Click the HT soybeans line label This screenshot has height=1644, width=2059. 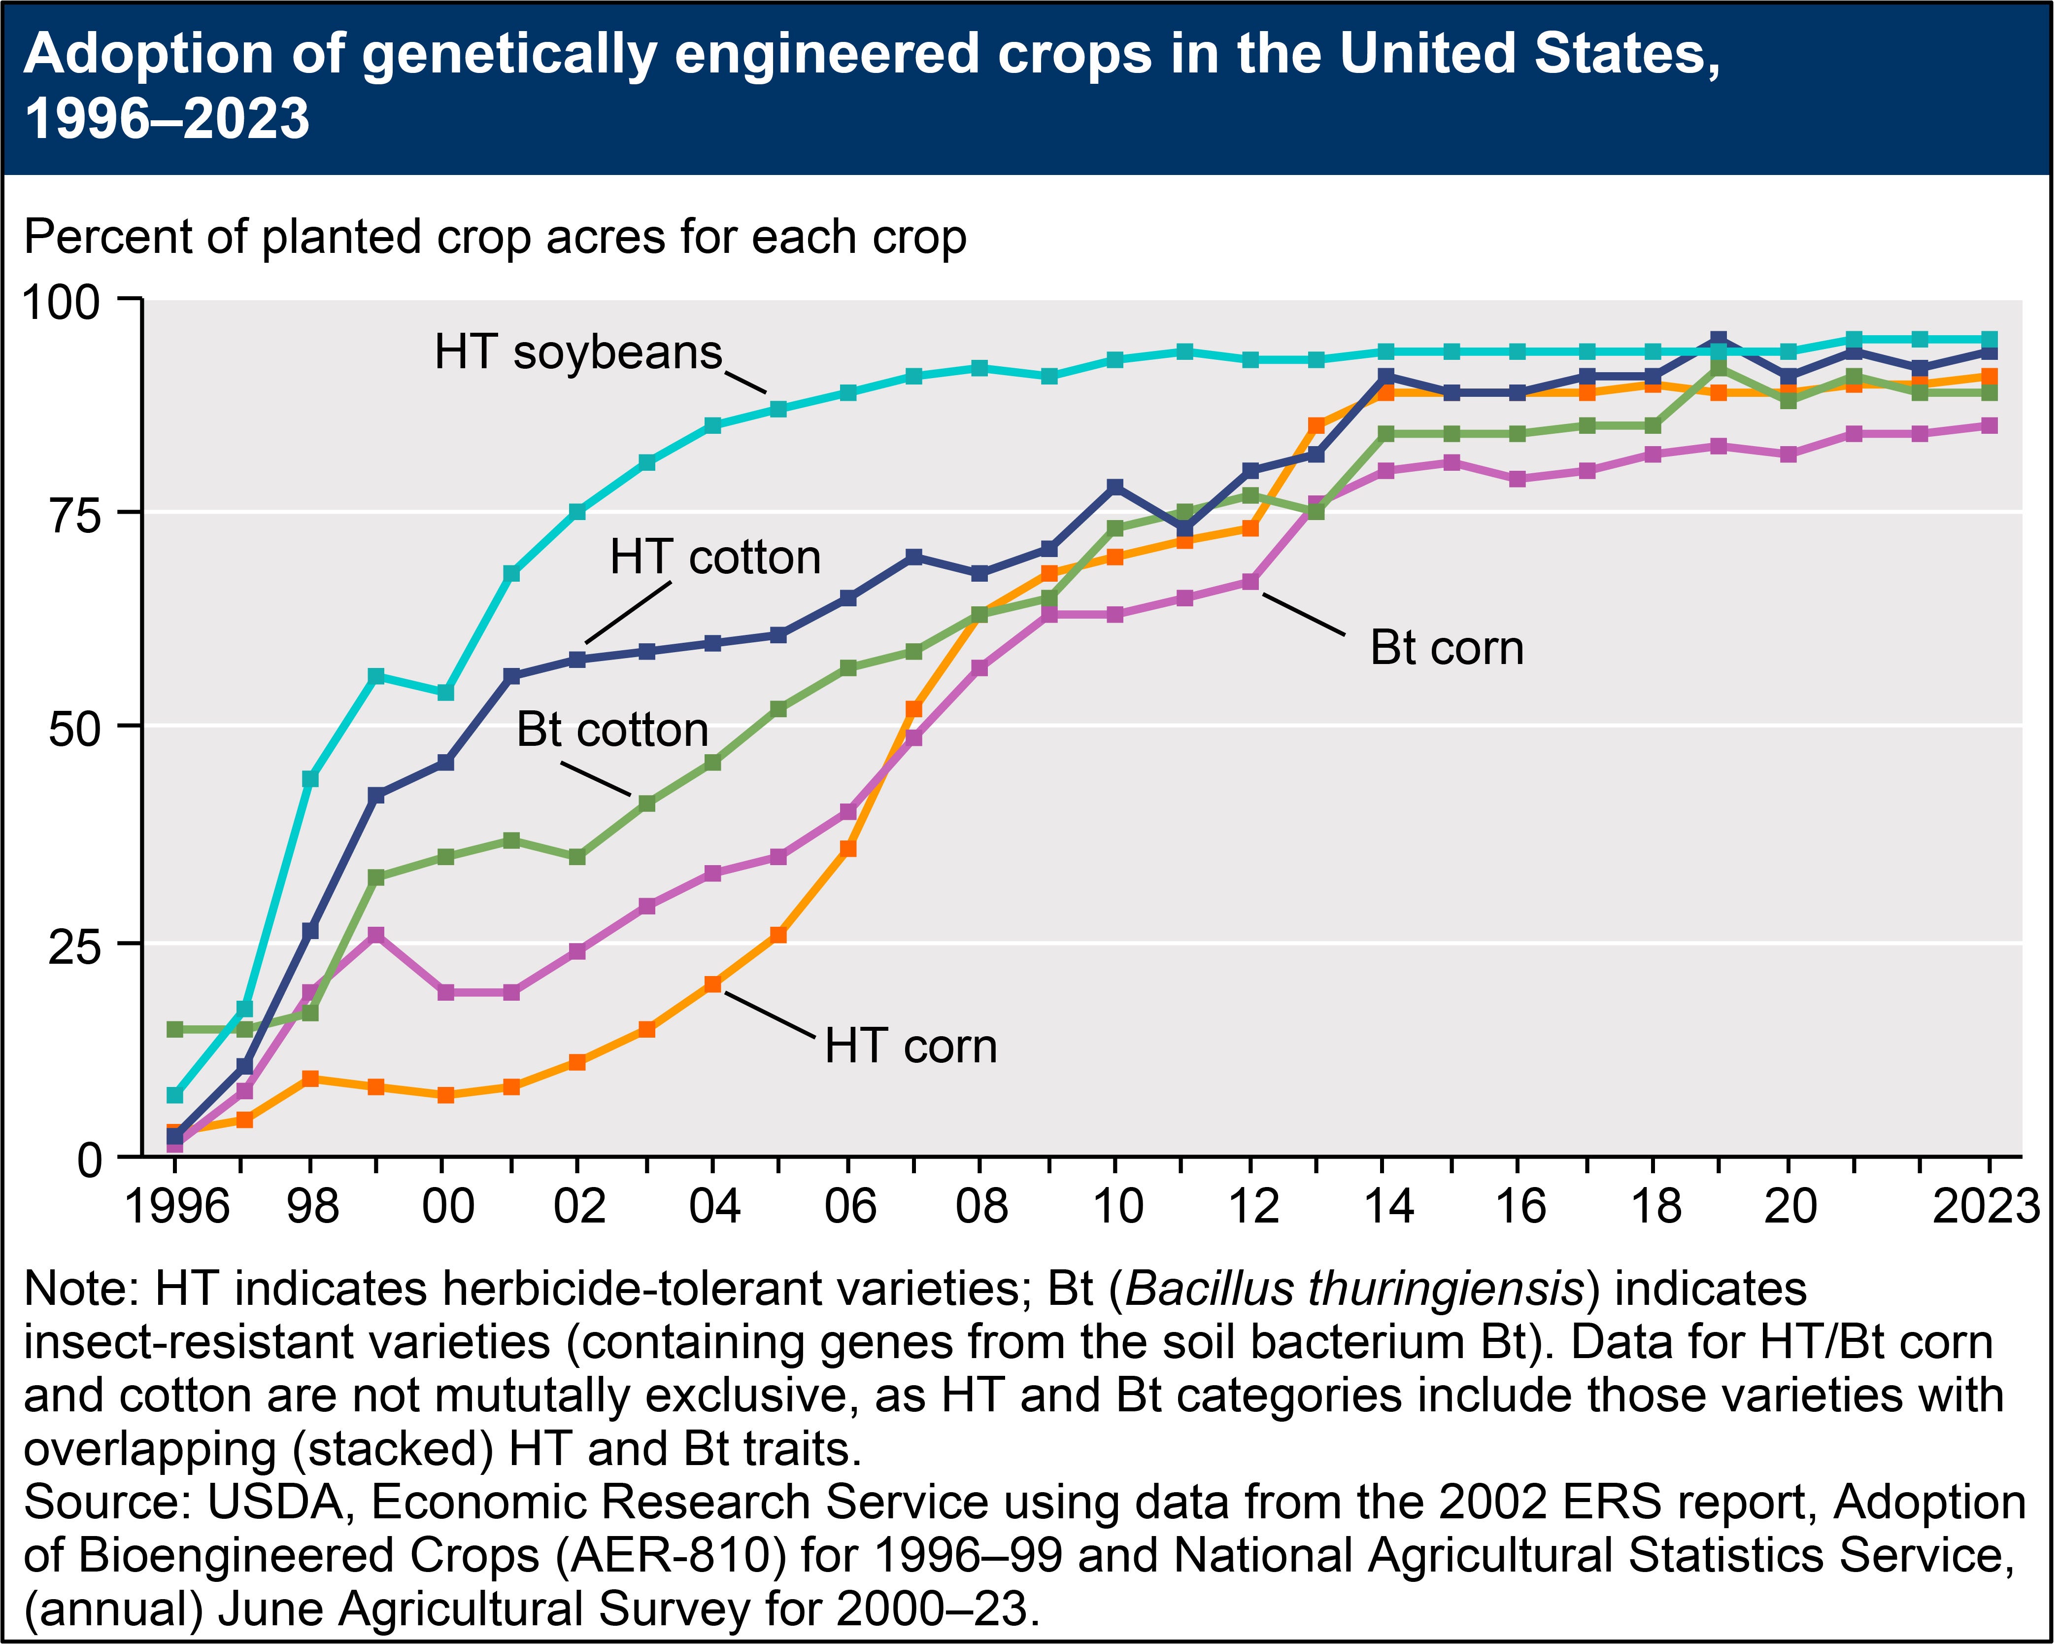click(x=578, y=352)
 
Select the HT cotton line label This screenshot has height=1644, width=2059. click(x=715, y=557)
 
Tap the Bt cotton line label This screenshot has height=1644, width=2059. click(x=612, y=730)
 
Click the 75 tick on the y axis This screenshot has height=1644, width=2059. click(x=74, y=515)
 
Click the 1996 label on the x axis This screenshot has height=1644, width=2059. click(x=178, y=1206)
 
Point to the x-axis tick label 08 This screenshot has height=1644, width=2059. click(x=982, y=1206)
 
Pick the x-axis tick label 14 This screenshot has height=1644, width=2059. click(x=1387, y=1206)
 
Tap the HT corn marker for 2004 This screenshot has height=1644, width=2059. click(x=712, y=984)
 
